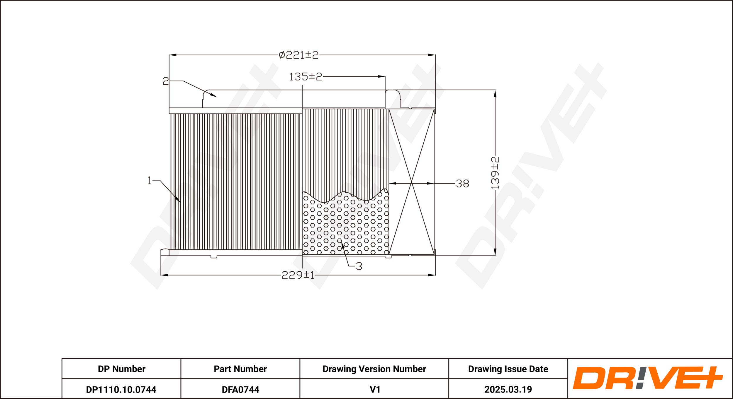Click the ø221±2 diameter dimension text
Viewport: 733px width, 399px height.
[298, 55]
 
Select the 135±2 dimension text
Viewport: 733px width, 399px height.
[306, 77]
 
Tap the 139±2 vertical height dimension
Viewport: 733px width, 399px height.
[495, 173]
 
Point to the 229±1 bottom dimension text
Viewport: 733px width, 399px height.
[298, 275]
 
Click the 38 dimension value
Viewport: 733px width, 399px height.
[462, 184]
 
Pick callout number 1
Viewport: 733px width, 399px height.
[150, 180]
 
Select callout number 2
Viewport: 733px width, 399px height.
[166, 81]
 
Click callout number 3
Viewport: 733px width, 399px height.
[359, 266]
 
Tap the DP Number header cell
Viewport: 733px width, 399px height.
[121, 369]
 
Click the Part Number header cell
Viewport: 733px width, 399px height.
[240, 369]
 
